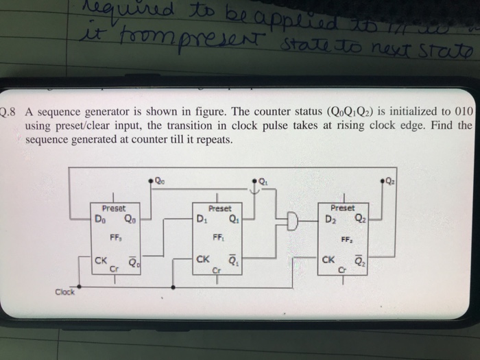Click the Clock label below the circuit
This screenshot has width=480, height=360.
click(67, 293)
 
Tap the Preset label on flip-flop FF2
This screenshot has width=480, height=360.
click(343, 207)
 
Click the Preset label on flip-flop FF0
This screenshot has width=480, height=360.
click(113, 208)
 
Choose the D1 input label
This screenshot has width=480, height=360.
click(201, 220)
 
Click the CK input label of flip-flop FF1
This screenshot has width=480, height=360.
click(203, 260)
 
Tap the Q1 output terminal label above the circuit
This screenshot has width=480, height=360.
click(263, 182)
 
